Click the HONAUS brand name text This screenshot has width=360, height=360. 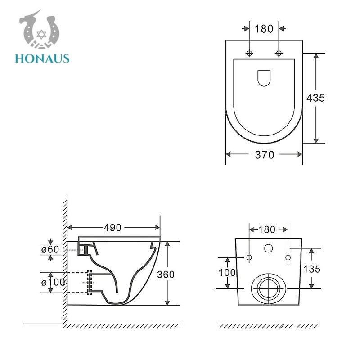point(42,58)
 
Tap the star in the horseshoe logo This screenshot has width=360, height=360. point(41,35)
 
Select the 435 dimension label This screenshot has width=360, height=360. point(316,98)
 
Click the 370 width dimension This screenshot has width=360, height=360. point(265,155)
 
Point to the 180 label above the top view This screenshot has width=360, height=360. point(264,29)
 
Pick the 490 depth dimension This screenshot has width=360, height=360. point(112,228)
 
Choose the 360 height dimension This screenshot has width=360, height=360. point(166,274)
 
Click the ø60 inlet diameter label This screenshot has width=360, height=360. point(50,249)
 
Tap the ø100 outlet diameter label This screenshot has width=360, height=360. point(53,282)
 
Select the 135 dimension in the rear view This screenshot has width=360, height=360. point(312,269)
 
